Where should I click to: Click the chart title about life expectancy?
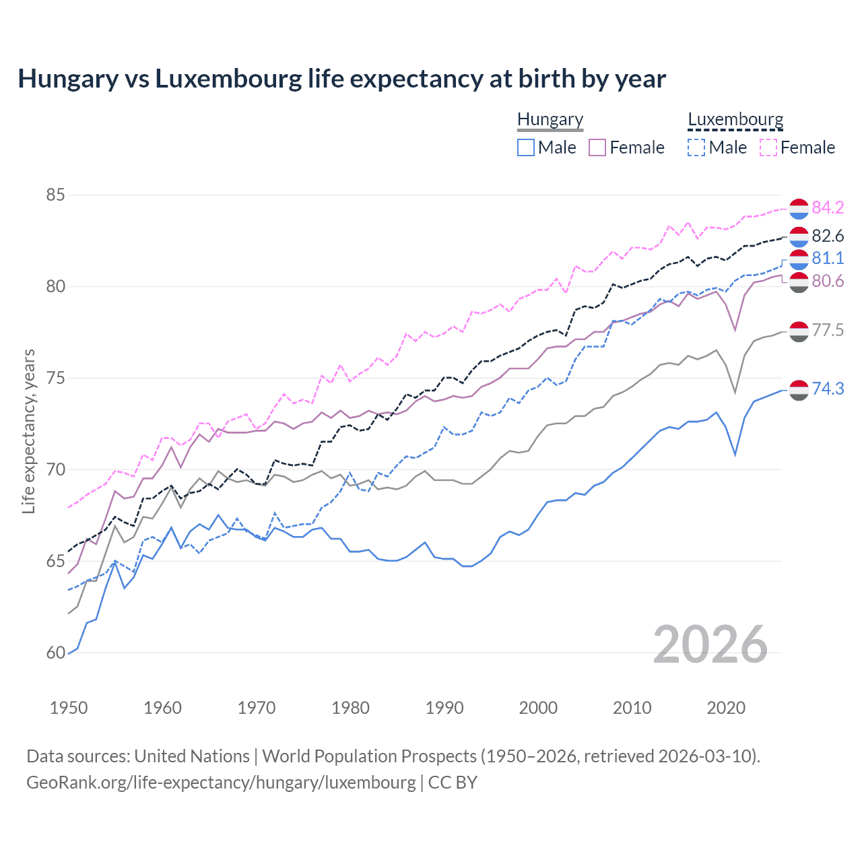pyautogui.click(x=341, y=79)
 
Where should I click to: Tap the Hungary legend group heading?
pyautogui.click(x=550, y=120)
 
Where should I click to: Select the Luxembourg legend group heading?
pyautogui.click(x=735, y=120)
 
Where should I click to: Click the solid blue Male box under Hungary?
pyautogui.click(x=526, y=147)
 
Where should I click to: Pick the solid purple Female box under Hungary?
pyautogui.click(x=597, y=147)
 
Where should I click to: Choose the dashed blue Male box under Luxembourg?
pyautogui.click(x=696, y=147)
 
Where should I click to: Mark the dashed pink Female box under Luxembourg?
pyautogui.click(x=768, y=147)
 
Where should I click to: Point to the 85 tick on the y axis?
pyautogui.click(x=55, y=195)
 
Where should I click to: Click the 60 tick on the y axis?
pyautogui.click(x=55, y=653)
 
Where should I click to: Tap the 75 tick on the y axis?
pyautogui.click(x=55, y=378)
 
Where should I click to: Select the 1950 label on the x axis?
pyautogui.click(x=69, y=708)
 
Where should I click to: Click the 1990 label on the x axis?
pyautogui.click(x=444, y=708)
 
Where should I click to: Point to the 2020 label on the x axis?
pyautogui.click(x=726, y=708)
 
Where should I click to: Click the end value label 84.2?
pyautogui.click(x=828, y=208)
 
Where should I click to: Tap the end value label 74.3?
pyautogui.click(x=828, y=389)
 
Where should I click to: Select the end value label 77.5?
pyautogui.click(x=828, y=331)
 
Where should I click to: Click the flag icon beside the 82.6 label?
pyautogui.click(x=799, y=236)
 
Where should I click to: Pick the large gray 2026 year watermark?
pyautogui.click(x=710, y=644)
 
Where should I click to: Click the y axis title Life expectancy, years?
pyautogui.click(x=29, y=431)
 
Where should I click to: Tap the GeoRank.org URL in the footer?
pyautogui.click(x=221, y=783)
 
